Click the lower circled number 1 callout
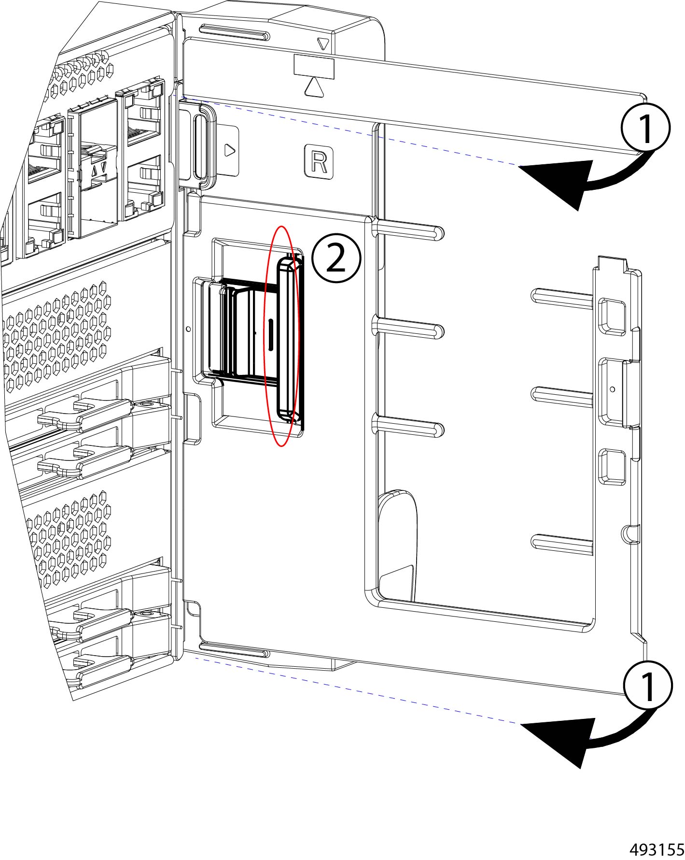tap(647, 686)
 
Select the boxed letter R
tap(319, 162)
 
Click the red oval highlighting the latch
tap(282, 336)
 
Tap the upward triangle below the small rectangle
tap(314, 87)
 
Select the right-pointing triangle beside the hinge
tap(230, 150)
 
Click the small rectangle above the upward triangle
tap(314, 66)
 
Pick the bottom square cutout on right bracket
tap(612, 467)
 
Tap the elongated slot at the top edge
tap(235, 33)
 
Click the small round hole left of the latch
tap(188, 329)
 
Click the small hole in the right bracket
tap(613, 389)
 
